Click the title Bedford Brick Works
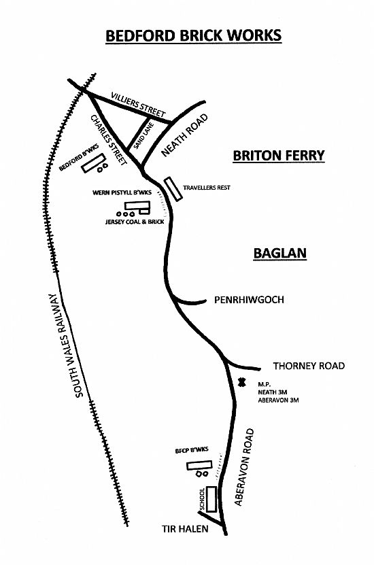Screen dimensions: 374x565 pyautogui.click(x=194, y=35)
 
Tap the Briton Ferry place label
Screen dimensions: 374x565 pyautogui.click(x=279, y=156)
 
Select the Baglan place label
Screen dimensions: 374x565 pyautogui.click(x=280, y=253)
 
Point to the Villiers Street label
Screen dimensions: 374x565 pyautogui.click(x=138, y=104)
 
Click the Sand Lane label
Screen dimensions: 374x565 pyautogui.click(x=143, y=136)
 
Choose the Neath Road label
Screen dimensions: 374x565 pyautogui.click(x=184, y=135)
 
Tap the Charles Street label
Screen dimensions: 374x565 pyautogui.click(x=108, y=140)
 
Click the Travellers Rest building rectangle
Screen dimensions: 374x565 pyautogui.click(x=173, y=189)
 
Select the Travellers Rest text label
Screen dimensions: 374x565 pyautogui.click(x=207, y=188)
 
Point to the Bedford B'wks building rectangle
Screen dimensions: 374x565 pyautogui.click(x=93, y=163)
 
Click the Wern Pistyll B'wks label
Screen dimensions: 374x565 pyautogui.click(x=122, y=192)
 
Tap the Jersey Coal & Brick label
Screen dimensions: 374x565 pyautogui.click(x=135, y=222)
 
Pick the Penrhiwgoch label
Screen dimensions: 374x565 pyautogui.click(x=249, y=300)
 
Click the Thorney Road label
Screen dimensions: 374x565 pyautogui.click(x=309, y=366)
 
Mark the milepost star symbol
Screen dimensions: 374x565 pyautogui.click(x=241, y=381)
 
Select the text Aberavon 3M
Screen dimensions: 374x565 pyautogui.click(x=278, y=400)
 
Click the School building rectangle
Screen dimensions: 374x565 pyautogui.click(x=211, y=499)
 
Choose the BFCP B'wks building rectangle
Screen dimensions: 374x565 pyautogui.click(x=197, y=466)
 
